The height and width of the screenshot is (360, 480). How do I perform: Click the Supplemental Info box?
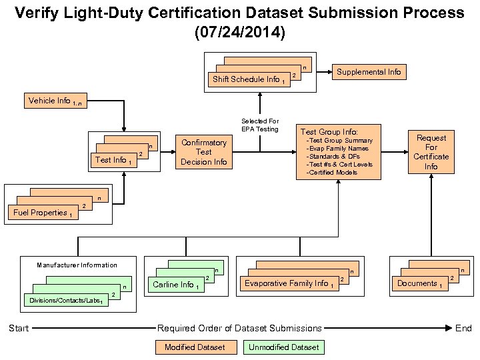[369, 71]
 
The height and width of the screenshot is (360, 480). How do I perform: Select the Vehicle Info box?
[55, 101]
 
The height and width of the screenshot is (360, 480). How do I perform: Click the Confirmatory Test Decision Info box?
[204, 152]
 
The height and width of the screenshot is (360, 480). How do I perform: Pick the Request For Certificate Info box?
[431, 152]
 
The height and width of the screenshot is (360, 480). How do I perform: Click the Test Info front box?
[112, 160]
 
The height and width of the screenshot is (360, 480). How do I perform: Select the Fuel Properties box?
[42, 213]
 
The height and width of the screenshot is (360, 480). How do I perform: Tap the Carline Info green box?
[174, 285]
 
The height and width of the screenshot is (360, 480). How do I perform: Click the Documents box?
[420, 284]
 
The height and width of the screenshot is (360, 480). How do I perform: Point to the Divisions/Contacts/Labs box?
[65, 301]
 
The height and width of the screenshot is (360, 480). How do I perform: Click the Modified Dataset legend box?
[195, 347]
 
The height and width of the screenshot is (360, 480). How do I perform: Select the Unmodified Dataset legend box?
[283, 347]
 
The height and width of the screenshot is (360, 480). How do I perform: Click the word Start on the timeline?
[19, 328]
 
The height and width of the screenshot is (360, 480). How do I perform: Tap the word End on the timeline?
[463, 328]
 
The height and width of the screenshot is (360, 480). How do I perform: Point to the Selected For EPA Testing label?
[260, 125]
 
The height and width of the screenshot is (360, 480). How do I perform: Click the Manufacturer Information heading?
[77, 265]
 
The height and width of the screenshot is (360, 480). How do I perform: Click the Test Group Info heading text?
[329, 132]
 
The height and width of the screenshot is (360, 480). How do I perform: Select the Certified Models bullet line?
[333, 173]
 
